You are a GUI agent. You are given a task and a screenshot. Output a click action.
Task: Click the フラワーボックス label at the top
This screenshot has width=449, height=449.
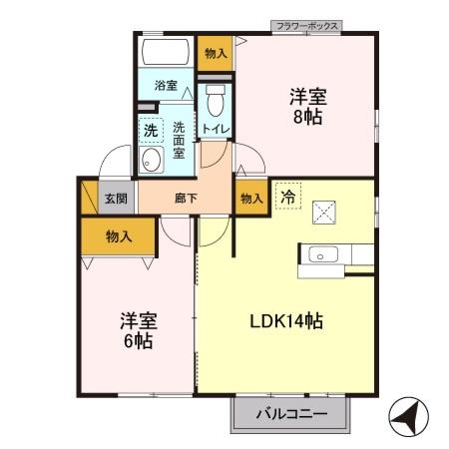point(306,25)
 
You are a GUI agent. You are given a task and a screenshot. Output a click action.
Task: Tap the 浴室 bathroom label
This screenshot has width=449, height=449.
point(165,86)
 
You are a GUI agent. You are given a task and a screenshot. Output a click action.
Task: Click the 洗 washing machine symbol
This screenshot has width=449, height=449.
point(150,129)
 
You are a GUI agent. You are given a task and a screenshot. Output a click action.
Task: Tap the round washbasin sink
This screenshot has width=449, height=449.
point(153,160)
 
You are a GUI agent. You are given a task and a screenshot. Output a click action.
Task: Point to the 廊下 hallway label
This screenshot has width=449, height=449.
point(187,198)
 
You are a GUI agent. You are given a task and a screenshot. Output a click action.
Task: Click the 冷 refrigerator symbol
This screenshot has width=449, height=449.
point(285,196)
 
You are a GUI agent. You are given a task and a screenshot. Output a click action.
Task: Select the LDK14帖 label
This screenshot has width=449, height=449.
point(286,321)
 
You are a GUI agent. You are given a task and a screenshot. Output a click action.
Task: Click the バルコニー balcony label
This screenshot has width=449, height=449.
point(292,413)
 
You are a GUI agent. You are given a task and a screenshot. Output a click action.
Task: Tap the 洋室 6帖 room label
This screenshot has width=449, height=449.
point(137,330)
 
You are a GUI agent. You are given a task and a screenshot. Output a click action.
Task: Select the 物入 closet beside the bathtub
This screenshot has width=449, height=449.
point(215,53)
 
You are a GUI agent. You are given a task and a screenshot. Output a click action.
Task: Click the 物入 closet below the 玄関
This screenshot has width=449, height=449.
point(119,235)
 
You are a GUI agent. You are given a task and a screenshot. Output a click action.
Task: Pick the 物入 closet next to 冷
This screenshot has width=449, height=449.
point(250,198)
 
